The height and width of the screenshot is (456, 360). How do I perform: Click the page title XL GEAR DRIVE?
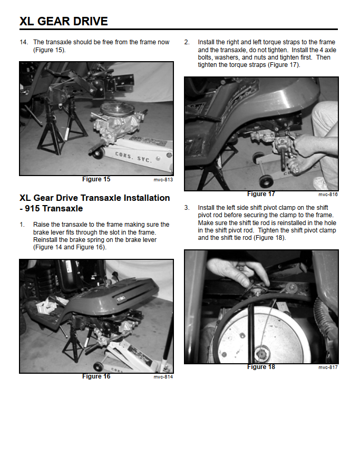click(x=63, y=22)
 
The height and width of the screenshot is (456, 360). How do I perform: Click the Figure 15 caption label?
click(x=96, y=179)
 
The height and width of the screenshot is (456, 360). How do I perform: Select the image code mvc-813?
click(x=163, y=180)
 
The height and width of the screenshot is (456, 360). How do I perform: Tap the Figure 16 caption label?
click(x=96, y=376)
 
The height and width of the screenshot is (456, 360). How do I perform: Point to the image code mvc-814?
click(x=163, y=377)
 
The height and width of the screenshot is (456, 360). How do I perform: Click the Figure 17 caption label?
click(x=261, y=194)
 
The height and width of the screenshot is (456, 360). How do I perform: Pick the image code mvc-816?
click(x=328, y=195)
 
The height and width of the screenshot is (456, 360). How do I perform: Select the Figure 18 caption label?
click(x=261, y=367)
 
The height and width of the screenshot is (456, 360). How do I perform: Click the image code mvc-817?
click(x=328, y=367)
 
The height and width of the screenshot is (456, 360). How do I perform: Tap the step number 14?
click(x=24, y=42)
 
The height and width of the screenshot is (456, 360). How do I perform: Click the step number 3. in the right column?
click(x=187, y=208)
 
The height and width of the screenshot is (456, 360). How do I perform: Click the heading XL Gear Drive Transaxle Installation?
click(x=95, y=198)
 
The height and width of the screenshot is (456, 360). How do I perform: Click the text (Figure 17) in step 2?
click(x=284, y=65)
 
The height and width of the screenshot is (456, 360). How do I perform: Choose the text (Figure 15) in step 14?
click(x=49, y=50)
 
